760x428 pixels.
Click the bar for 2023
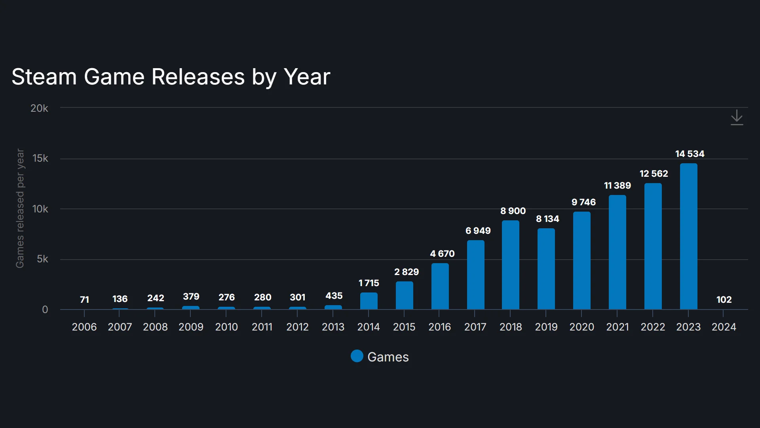tap(688, 237)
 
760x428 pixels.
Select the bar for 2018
tap(510, 265)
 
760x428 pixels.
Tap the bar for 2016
tap(440, 286)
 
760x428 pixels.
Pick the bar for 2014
tap(369, 301)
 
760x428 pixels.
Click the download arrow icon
tap(737, 118)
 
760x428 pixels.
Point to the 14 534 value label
tap(690, 154)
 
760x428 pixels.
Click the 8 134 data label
tap(547, 219)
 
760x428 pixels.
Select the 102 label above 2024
tap(724, 300)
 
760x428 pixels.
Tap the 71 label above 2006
tap(84, 300)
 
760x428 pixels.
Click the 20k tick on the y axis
tap(39, 108)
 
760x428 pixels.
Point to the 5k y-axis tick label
tap(42, 259)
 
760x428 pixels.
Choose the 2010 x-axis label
tap(226, 327)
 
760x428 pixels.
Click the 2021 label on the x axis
tap(617, 327)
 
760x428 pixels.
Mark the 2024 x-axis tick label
tap(724, 327)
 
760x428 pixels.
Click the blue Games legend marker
tap(357, 356)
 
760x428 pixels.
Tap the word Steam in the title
tap(44, 77)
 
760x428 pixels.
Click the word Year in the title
tap(307, 77)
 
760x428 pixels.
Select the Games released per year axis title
tap(20, 208)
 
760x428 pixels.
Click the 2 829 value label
tap(406, 272)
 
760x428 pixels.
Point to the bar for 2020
tap(581, 261)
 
